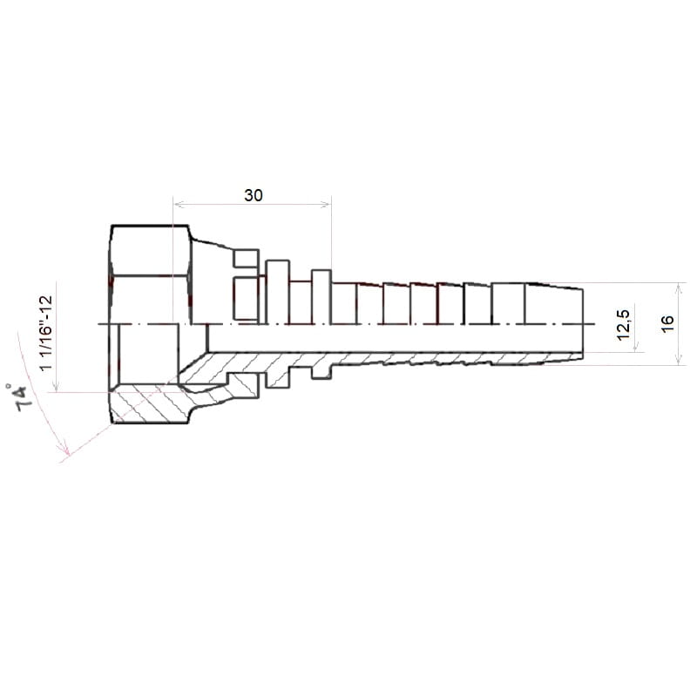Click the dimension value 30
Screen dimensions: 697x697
(254, 195)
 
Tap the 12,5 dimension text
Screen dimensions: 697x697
(624, 325)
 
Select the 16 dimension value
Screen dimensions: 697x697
(667, 323)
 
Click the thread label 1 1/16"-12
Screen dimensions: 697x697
(46, 333)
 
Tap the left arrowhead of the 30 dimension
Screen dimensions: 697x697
(178, 205)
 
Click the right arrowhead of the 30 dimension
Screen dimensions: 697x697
(327, 205)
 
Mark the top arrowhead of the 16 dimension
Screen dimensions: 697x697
(680, 288)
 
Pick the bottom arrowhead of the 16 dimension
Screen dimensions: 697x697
(680, 360)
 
